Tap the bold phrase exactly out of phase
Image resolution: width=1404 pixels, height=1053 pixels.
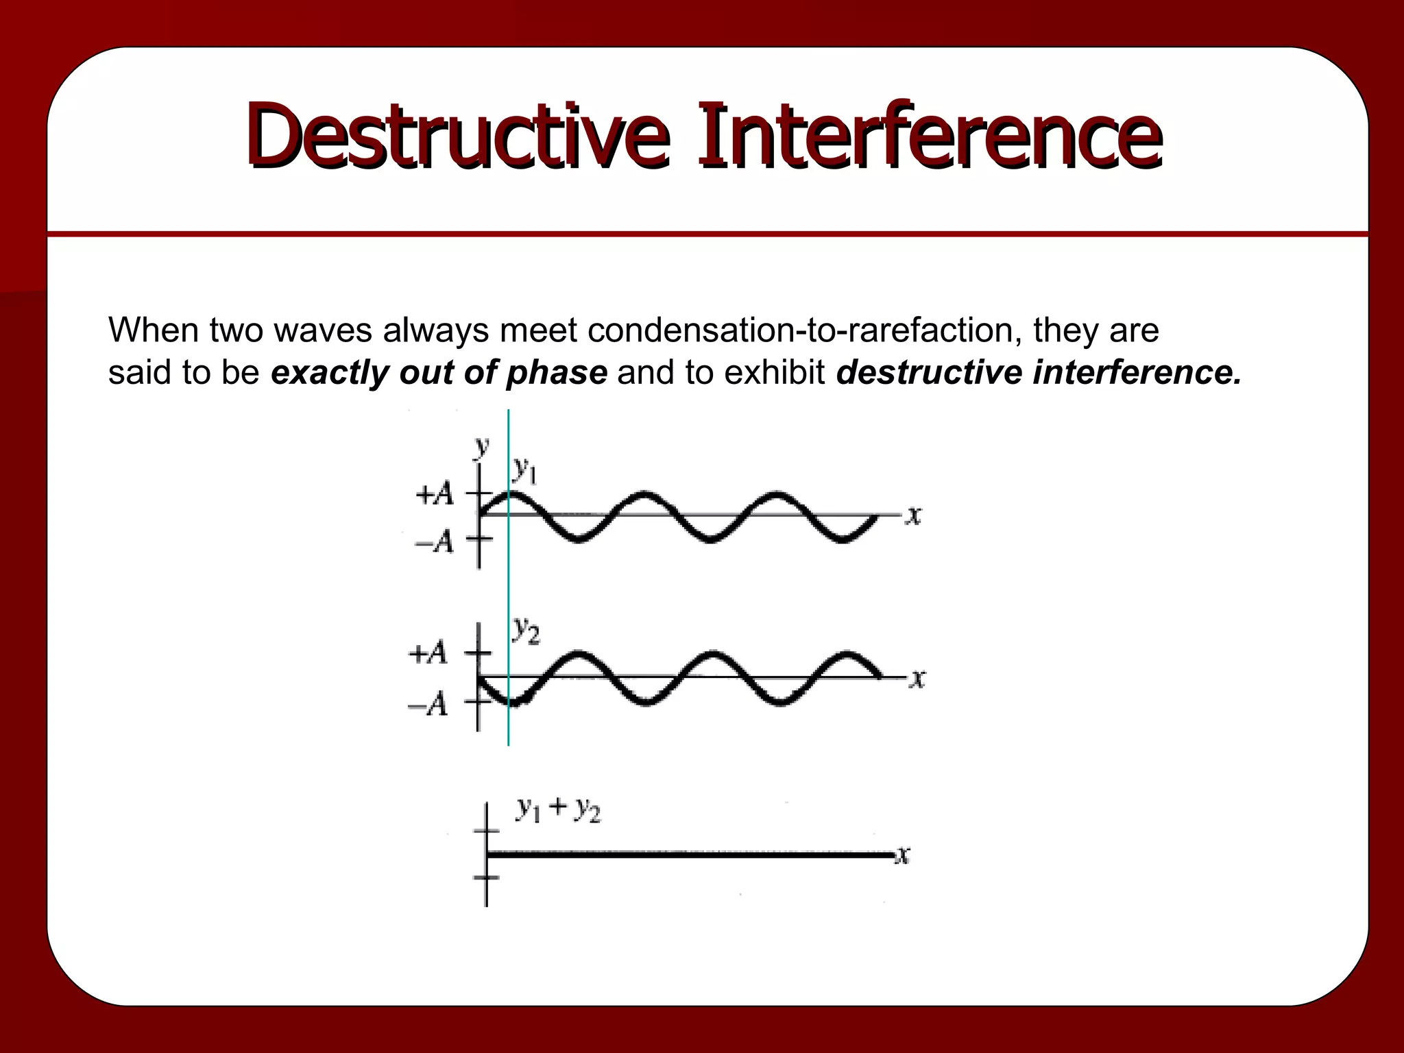[x=439, y=373]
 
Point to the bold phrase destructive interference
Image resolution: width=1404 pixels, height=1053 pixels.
[x=1039, y=373]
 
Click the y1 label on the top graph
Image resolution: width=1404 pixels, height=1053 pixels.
[x=524, y=470]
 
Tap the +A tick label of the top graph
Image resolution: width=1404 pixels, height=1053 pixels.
[x=435, y=494]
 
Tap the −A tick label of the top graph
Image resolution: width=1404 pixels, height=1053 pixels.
[x=435, y=542]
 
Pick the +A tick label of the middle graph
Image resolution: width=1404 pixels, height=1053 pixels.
[x=428, y=653]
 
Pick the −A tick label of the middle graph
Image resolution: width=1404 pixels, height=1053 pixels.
[x=428, y=704]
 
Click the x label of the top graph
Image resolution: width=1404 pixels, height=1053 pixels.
[x=912, y=515]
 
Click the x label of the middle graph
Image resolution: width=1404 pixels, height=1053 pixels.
[x=917, y=679]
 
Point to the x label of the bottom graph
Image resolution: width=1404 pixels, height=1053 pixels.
[x=904, y=855]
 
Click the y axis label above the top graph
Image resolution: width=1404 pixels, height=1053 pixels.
[x=482, y=446]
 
